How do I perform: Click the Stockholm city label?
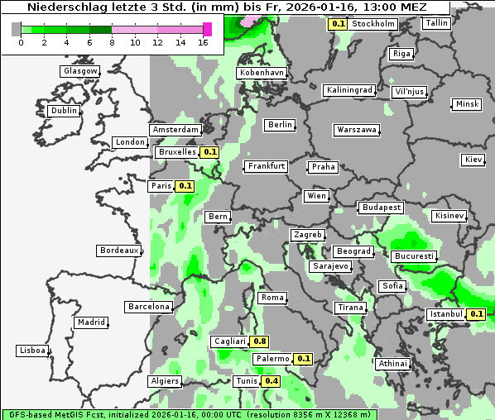coord(372,24)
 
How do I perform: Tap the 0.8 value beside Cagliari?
coord(259,341)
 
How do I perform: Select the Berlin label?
coord(281,125)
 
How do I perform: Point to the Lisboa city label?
coord(32,351)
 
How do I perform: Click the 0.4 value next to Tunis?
coord(270,381)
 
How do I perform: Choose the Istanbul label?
coord(447,314)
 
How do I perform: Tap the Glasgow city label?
coord(80,71)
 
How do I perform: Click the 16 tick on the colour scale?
coord(204,42)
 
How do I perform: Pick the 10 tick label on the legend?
coord(135,42)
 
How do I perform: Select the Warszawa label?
coord(357,130)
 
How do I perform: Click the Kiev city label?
coord(473,160)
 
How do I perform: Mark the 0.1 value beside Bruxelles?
coord(209,152)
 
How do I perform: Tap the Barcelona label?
coord(148,307)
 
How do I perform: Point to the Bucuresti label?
coord(413,256)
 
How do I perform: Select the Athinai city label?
coord(392,364)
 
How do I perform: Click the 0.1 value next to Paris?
coord(185,186)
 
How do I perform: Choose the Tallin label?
coord(436,23)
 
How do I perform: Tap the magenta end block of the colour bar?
coord(207,29)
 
